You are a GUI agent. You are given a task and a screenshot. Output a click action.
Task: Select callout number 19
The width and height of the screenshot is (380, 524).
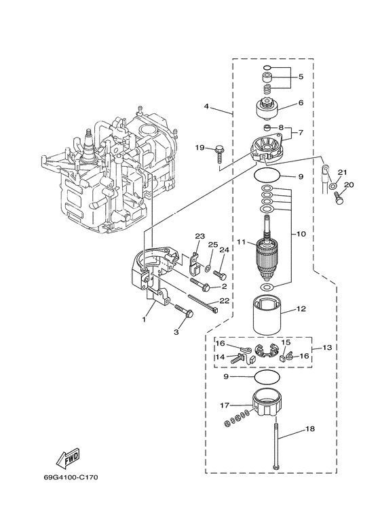[x=199, y=147]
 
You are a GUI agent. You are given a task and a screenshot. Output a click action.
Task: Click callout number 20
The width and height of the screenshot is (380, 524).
[x=349, y=185]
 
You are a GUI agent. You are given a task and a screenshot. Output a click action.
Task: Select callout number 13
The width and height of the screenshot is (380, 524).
[x=327, y=348]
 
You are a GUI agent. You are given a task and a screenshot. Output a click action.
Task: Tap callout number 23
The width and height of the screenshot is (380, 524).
[x=199, y=237]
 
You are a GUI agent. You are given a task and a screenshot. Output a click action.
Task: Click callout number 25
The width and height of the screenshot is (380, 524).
[x=212, y=244]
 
